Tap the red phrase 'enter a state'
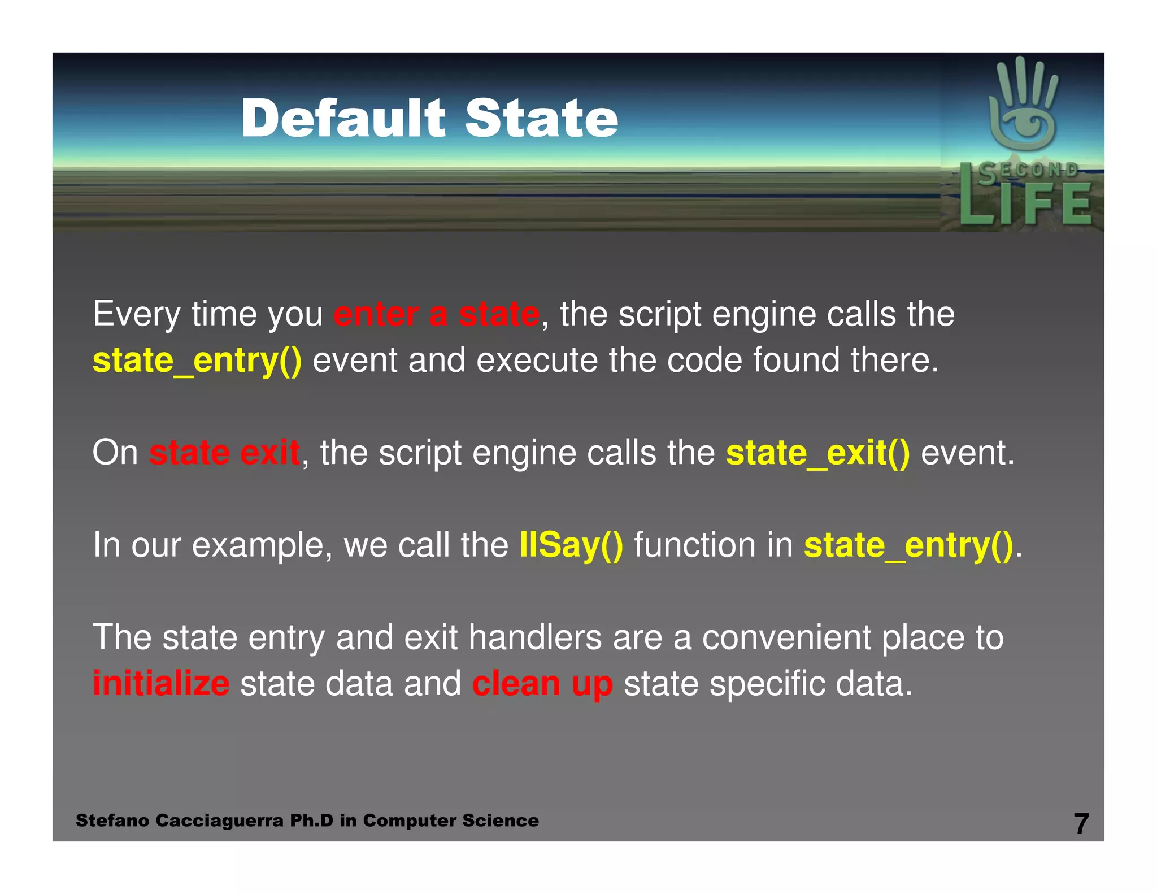436,314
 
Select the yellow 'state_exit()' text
817,453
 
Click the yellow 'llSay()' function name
571,545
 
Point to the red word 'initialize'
161,684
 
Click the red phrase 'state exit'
224,453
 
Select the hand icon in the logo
1023,105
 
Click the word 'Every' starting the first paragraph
136,314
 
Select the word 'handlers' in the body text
535,638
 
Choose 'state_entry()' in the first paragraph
197,361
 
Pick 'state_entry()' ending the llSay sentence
908,545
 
